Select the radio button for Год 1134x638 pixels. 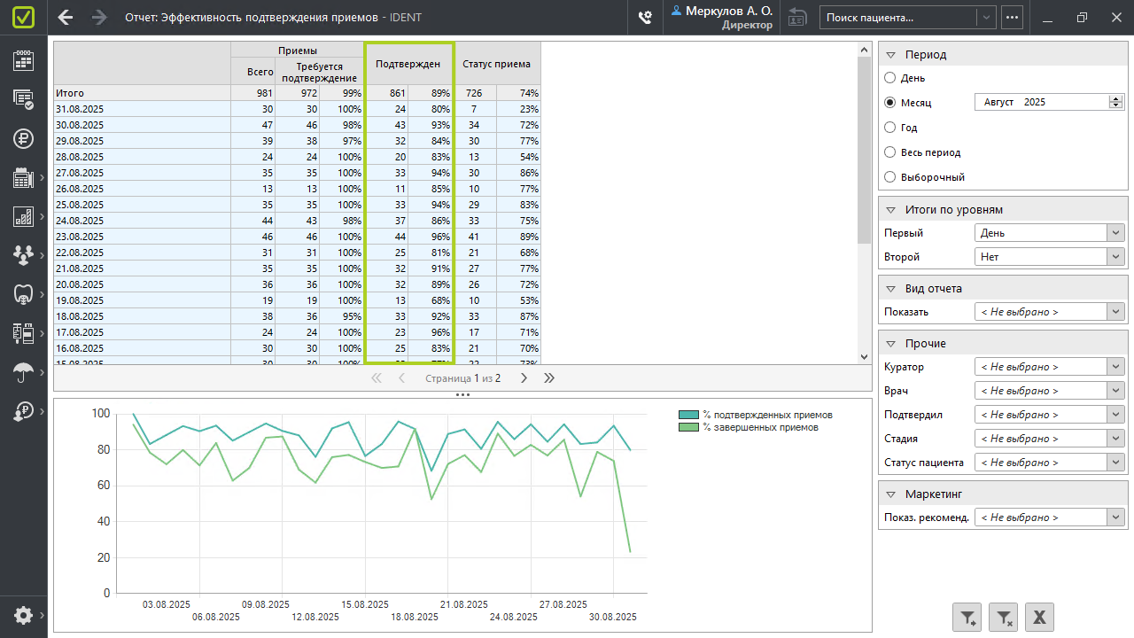pyautogui.click(x=890, y=128)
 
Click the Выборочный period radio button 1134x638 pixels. pyautogui.click(x=890, y=177)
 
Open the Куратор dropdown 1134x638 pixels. pyautogui.click(x=1049, y=367)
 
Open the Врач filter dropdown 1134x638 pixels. pyautogui.click(x=1049, y=391)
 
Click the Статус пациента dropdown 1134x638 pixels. pyautogui.click(x=1049, y=463)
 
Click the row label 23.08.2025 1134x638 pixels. pyautogui.click(x=80, y=237)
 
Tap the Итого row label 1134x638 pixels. pyautogui.click(x=70, y=93)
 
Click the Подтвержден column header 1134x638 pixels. pyautogui.click(x=408, y=64)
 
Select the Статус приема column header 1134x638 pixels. pyautogui.click(x=496, y=64)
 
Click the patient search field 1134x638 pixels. pyautogui.click(x=898, y=17)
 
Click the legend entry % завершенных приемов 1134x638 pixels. pyautogui.click(x=760, y=427)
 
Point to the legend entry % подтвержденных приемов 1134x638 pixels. pyautogui.click(x=767, y=415)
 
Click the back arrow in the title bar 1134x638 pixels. pyautogui.click(x=66, y=17)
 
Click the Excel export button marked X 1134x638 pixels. pyautogui.click(x=1039, y=618)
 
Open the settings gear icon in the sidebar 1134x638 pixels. pyautogui.click(x=23, y=615)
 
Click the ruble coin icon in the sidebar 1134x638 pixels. pyautogui.click(x=23, y=138)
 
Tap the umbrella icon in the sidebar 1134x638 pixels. pyautogui.click(x=23, y=373)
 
